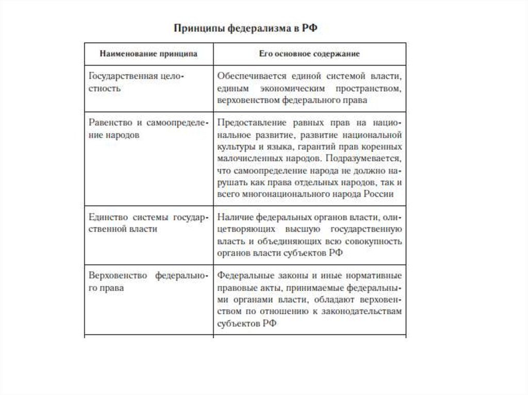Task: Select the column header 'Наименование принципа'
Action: coord(148,54)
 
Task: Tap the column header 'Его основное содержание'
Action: coord(309,54)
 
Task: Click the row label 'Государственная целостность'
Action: coord(136,82)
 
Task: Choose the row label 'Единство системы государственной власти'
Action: coord(147,222)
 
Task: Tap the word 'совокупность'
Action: coord(375,241)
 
